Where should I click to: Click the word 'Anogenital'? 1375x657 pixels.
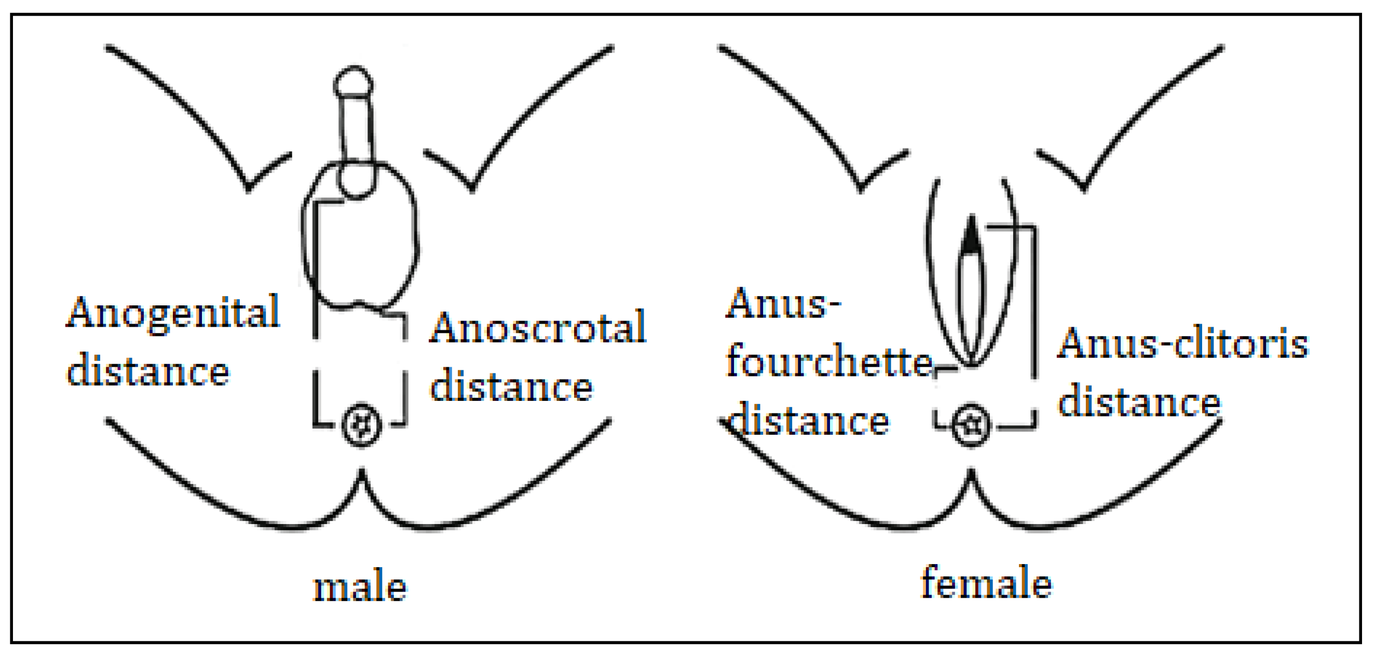click(172, 313)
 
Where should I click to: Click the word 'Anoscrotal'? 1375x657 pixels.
click(538, 327)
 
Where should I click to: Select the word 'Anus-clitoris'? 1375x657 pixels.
click(1183, 343)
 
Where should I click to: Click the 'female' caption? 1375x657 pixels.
click(986, 583)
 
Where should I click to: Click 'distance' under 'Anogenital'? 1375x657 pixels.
click(148, 371)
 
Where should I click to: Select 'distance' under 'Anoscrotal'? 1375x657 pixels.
click(511, 386)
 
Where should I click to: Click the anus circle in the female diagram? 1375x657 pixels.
click(971, 425)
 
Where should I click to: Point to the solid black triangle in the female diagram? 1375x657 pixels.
click(971, 235)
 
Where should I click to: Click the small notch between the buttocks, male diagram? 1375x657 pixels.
click(362, 475)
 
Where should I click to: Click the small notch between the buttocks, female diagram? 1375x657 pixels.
click(972, 475)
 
